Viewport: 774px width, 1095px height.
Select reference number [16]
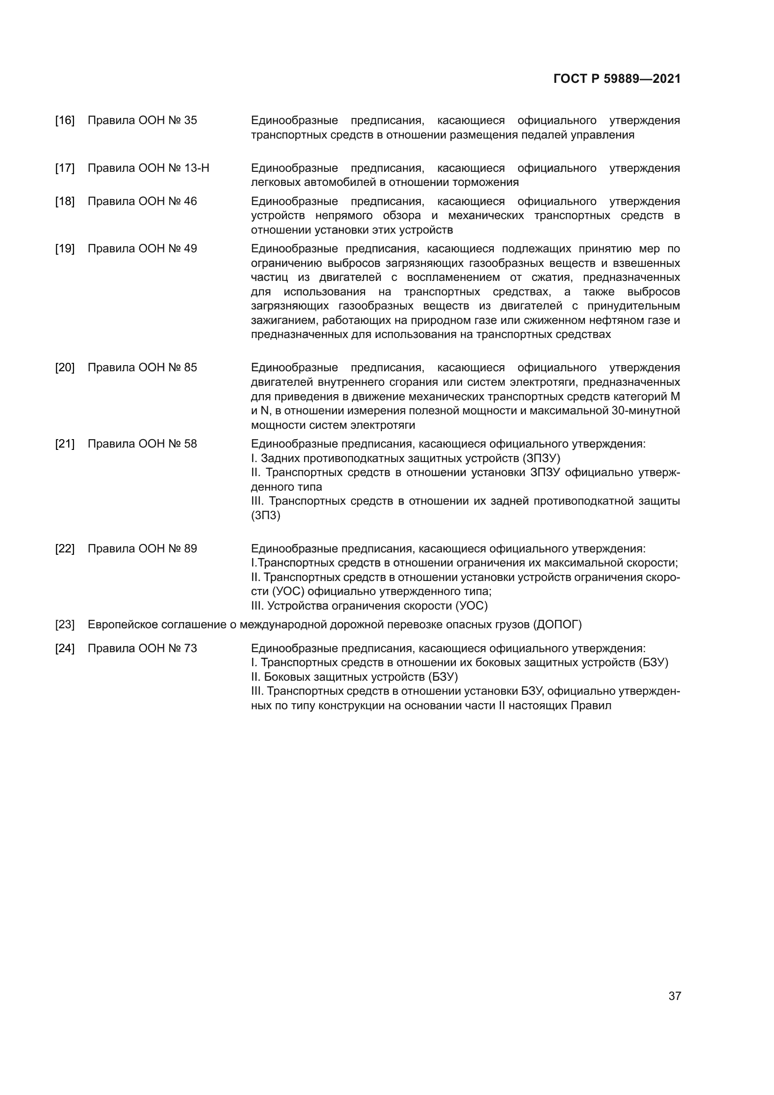click(65, 120)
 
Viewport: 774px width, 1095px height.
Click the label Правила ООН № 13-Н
click(148, 168)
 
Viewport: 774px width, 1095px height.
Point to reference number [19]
click(65, 249)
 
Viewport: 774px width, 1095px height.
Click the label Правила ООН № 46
click(142, 201)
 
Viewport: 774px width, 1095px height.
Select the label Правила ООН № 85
click(142, 367)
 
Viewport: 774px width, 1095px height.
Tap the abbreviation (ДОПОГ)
click(557, 625)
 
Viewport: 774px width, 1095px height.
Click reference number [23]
click(65, 625)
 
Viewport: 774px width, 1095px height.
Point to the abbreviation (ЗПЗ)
click(265, 515)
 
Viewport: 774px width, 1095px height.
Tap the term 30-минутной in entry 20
click(645, 411)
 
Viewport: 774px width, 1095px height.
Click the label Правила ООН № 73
click(142, 648)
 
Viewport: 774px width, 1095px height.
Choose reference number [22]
click(65, 549)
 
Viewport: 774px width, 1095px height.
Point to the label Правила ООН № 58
click(142, 444)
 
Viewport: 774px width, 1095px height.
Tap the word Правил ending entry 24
click(591, 706)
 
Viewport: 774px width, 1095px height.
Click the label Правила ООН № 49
click(142, 249)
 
